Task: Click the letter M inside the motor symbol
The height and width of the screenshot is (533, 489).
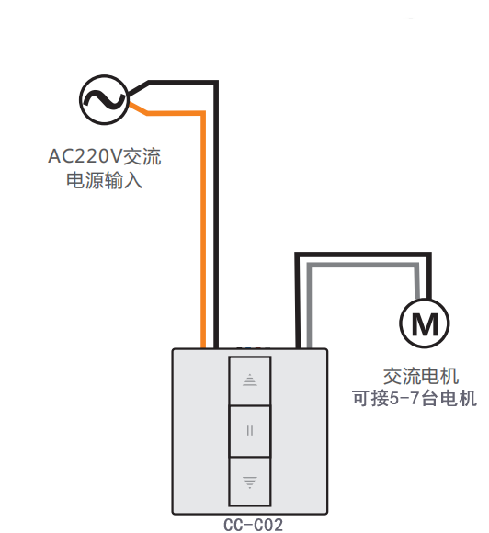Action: point(425,324)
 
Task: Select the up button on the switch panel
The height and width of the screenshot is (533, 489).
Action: point(250,380)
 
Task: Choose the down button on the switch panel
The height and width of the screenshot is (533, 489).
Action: point(250,482)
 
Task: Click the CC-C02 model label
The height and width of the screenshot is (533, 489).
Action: point(254,525)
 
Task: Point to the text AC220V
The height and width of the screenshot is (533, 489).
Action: point(85,156)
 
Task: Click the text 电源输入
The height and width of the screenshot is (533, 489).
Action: point(104,180)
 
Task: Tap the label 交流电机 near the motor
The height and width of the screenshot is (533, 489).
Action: point(421,376)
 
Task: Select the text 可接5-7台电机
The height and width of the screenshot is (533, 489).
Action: point(415,398)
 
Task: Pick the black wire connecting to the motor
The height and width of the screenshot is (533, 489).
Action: point(363,255)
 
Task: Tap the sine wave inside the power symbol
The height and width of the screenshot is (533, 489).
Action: point(104,99)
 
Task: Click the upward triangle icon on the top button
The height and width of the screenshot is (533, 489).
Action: point(250,380)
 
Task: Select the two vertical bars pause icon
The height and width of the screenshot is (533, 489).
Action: point(250,431)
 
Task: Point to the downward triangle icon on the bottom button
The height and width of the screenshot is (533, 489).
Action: point(250,482)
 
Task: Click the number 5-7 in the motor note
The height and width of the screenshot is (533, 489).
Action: point(404,399)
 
